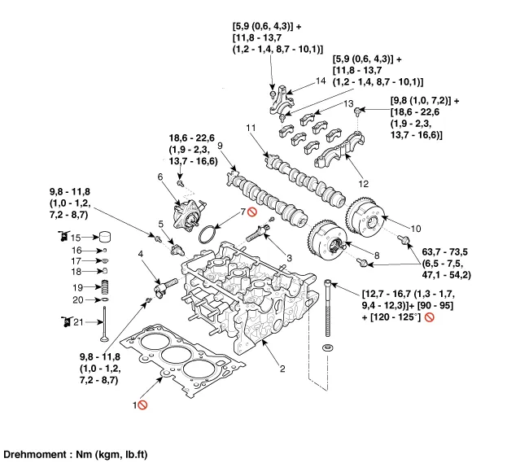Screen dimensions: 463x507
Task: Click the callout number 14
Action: [321, 81]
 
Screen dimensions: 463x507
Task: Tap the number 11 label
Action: [252, 127]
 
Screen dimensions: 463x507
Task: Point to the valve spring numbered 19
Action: [104, 287]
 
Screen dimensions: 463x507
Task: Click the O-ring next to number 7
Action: [208, 234]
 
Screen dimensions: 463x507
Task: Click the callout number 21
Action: [77, 323]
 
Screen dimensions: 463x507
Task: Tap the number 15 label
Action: [76, 237]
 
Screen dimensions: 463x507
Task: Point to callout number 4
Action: [141, 254]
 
